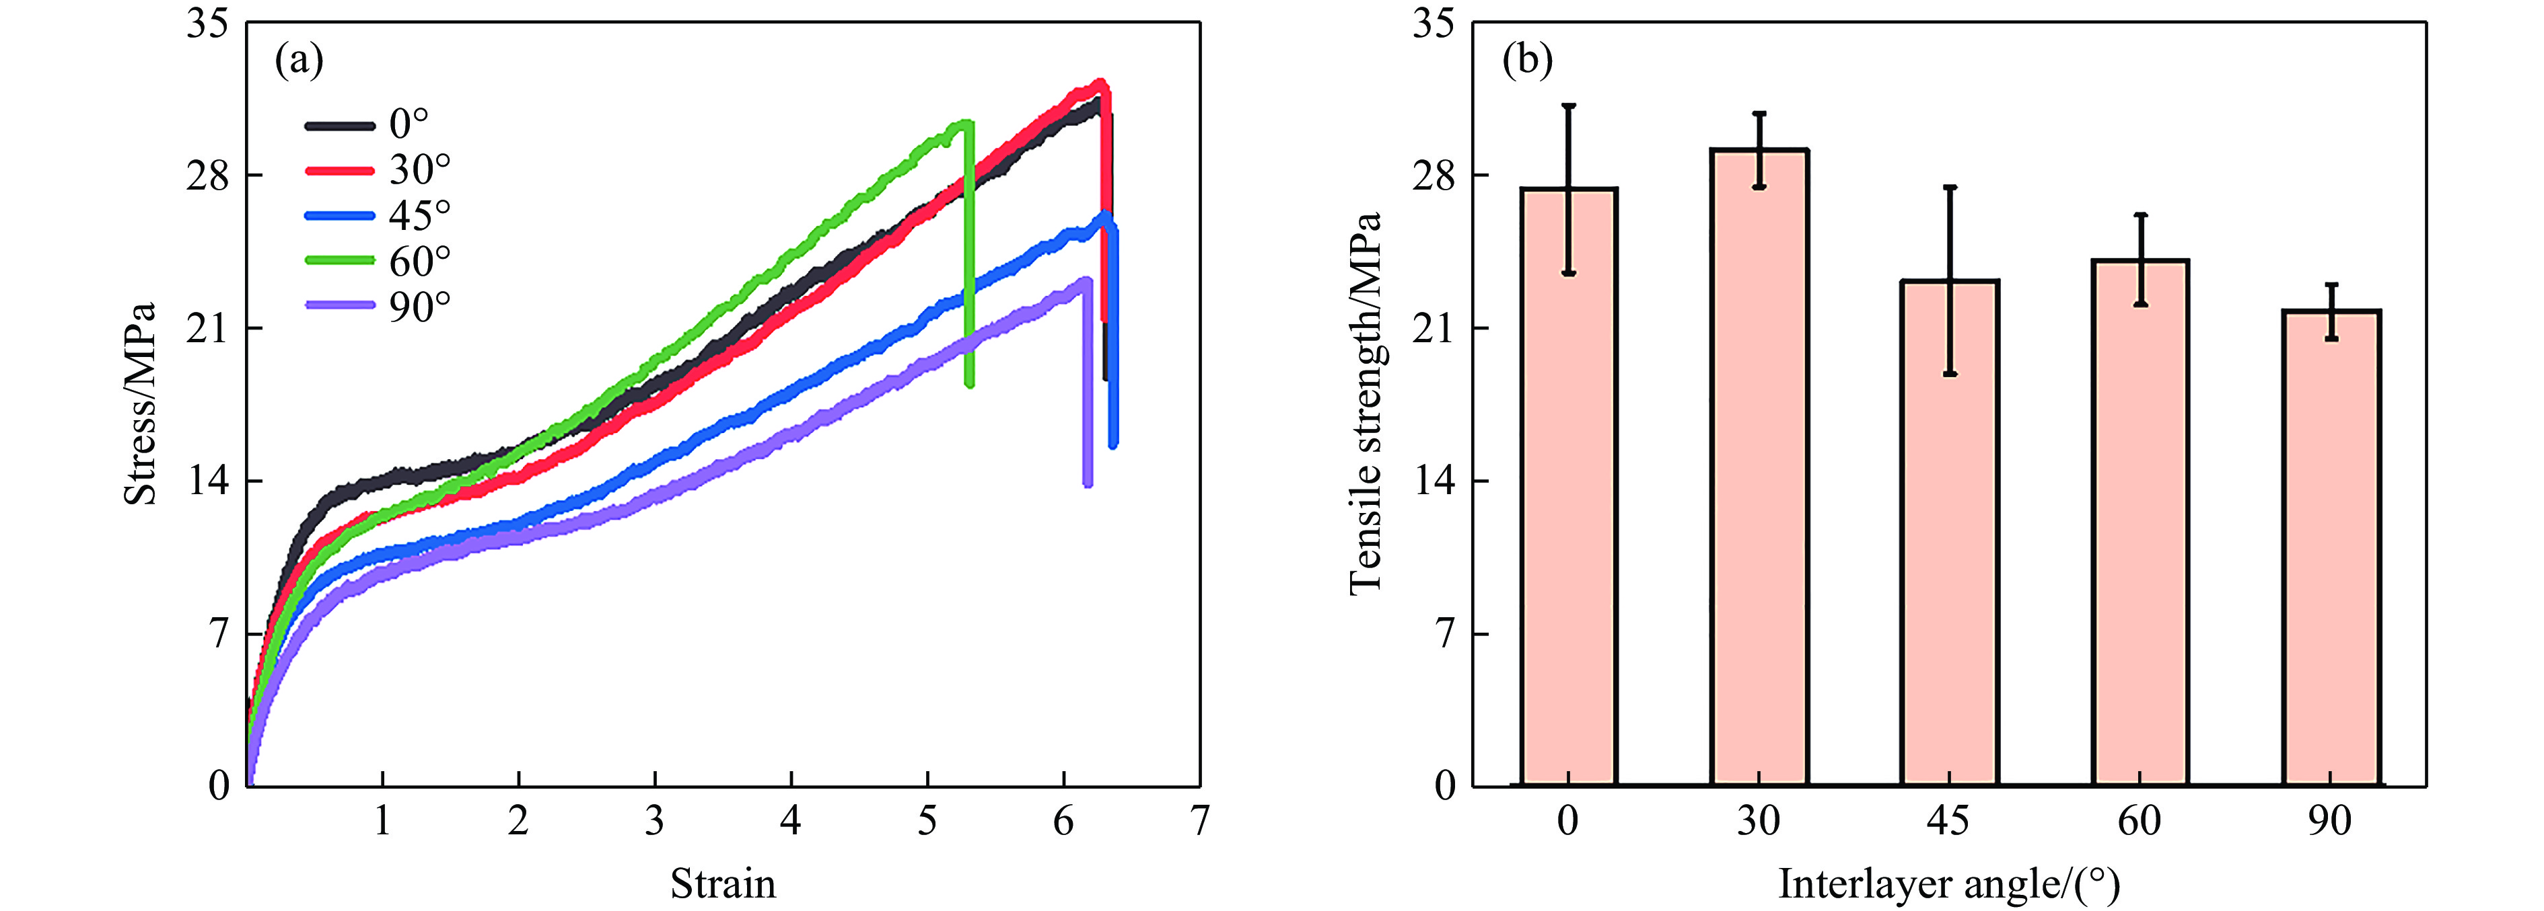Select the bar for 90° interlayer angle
coord(2331,548)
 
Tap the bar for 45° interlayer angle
coord(1950,533)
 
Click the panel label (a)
coord(298,61)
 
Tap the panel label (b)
coord(1527,61)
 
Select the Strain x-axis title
coord(723,882)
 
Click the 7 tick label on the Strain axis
coord(1199,821)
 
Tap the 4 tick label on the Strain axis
coord(790,821)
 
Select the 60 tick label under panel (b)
coord(2139,821)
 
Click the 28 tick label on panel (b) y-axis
coord(1434,175)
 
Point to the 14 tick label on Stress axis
coord(209,481)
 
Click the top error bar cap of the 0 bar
coord(1568,106)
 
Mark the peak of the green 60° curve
coord(963,124)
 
